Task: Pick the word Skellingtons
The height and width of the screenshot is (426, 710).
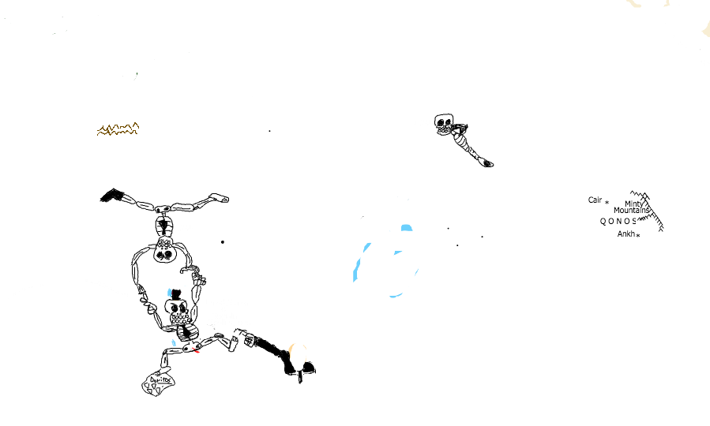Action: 229,323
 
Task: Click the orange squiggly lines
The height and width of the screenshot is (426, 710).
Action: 118,129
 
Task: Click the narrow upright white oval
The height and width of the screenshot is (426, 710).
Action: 135,273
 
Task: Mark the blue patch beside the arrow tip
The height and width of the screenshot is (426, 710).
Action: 170,293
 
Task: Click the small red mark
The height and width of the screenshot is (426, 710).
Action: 196,349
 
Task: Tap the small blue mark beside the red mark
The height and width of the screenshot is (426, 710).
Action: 174,342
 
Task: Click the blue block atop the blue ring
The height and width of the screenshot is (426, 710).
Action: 406,228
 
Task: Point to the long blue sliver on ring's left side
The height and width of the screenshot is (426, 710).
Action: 359,264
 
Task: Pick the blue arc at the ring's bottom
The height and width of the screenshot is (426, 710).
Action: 396,295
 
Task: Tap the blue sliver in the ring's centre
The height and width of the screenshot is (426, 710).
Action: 398,252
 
